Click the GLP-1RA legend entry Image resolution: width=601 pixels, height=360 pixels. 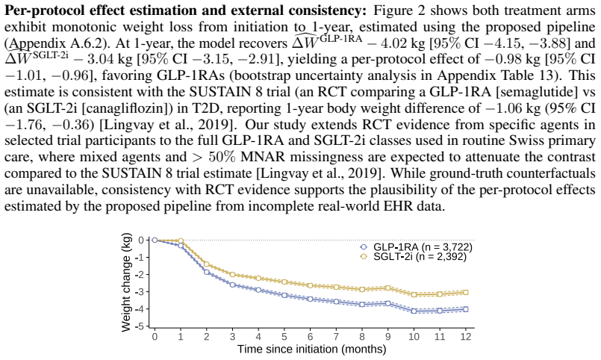416,247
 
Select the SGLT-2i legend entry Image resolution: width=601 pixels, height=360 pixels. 413,256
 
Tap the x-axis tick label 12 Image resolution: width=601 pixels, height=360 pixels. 465,337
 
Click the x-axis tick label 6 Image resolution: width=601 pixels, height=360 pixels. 310,337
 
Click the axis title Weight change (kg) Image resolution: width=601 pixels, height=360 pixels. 126,282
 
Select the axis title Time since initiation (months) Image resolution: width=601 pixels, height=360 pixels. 311,350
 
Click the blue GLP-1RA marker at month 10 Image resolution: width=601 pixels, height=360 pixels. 414,311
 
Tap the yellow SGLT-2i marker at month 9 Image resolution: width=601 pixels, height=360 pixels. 388,288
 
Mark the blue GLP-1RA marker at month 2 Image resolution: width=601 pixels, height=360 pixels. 207,272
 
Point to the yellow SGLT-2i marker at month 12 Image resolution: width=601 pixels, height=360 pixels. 465,292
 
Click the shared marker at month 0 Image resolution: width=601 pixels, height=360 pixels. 155,240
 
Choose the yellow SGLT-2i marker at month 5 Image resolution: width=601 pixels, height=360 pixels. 284,282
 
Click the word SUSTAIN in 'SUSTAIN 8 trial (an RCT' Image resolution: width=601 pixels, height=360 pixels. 218,93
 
